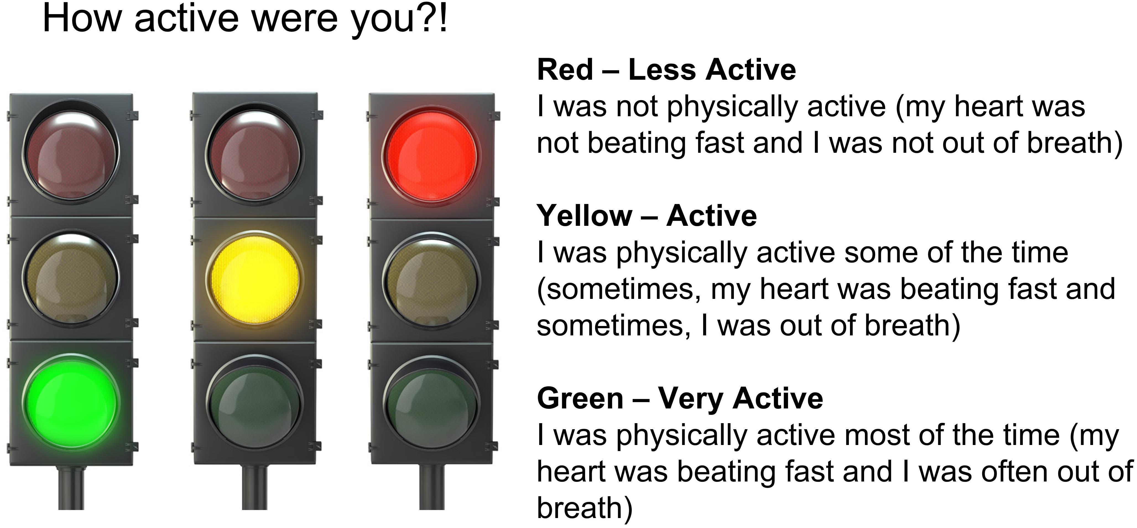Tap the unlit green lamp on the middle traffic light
point(255,404)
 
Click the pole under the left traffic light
point(71,487)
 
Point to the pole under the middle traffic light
point(255,487)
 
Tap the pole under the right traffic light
point(431,487)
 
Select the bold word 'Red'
point(565,70)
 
